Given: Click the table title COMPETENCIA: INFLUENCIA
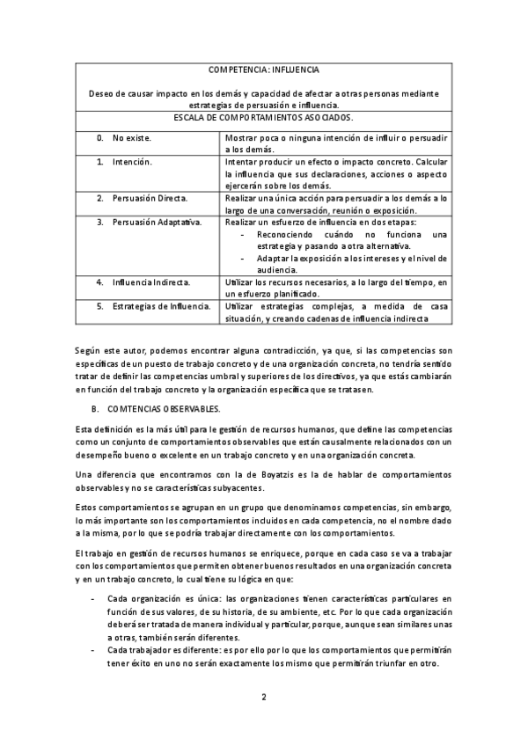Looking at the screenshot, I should tap(264, 69).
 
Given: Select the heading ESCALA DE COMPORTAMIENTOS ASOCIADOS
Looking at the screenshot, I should tap(264, 117).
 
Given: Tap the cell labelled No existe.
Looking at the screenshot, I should tap(131, 139).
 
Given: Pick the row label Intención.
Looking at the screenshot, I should tap(132, 163).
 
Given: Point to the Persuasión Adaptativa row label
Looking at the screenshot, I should tap(157, 222).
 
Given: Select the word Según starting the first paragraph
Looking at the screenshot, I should tap(89, 350).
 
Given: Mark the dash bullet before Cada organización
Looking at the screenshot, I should tap(94, 598).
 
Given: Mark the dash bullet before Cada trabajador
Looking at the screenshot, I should tap(94, 648).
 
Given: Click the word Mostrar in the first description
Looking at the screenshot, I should tap(242, 139).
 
